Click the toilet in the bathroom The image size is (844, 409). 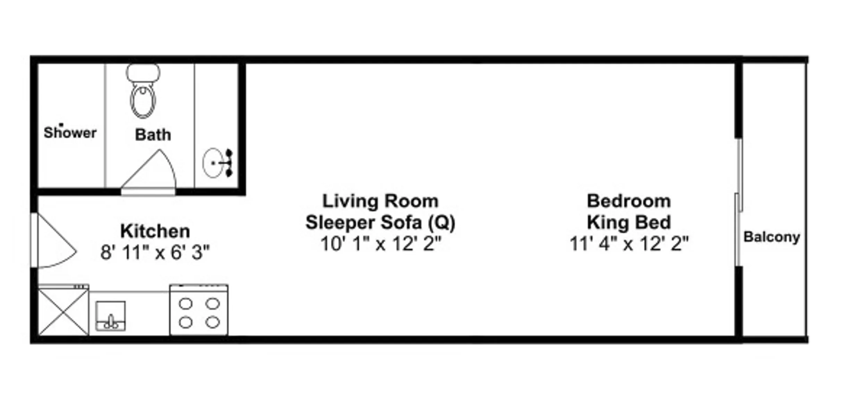pyautogui.click(x=143, y=91)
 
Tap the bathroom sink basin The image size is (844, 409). pyautogui.click(x=213, y=163)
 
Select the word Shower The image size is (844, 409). pyautogui.click(x=70, y=132)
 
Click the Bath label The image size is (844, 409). pyautogui.click(x=153, y=135)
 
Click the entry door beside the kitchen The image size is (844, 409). pyautogui.click(x=53, y=240)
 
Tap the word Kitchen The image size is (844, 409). pyautogui.click(x=155, y=231)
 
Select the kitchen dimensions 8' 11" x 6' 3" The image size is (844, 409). pyautogui.click(x=155, y=252)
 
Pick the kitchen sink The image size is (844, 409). pyautogui.click(x=110, y=316)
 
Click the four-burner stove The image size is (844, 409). pyautogui.click(x=199, y=310)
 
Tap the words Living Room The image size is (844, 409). pyautogui.click(x=380, y=201)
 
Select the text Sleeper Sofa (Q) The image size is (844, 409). pyautogui.click(x=380, y=223)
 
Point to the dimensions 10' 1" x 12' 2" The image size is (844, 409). pyautogui.click(x=381, y=244)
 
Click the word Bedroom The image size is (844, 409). pyautogui.click(x=629, y=201)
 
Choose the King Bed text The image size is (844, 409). pyautogui.click(x=629, y=223)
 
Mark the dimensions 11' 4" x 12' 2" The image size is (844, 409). pyautogui.click(x=629, y=244)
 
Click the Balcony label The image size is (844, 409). pyautogui.click(x=772, y=237)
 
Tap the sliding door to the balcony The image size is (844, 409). pyautogui.click(x=738, y=202)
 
